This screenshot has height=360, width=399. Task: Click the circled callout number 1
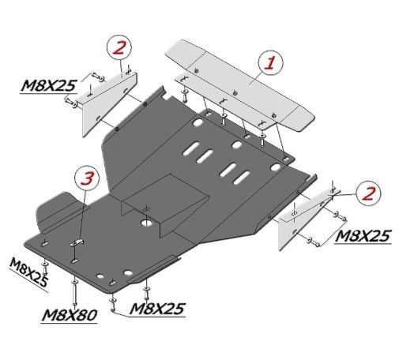[x=270, y=63]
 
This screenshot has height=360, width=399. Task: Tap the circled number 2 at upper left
[x=119, y=48]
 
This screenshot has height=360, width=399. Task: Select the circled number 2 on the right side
[x=368, y=193]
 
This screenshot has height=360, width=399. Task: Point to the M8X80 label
[x=70, y=315]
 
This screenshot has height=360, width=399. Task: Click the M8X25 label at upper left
[x=48, y=85]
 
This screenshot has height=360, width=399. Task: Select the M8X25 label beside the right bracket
[x=363, y=236]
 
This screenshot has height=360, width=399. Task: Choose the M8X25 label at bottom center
[x=157, y=309]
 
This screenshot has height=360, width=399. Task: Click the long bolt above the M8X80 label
[x=74, y=291]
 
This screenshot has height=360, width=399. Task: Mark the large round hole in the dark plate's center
[x=146, y=223]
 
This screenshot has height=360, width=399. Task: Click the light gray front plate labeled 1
[x=239, y=85]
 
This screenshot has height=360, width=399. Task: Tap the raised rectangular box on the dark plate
[x=164, y=203]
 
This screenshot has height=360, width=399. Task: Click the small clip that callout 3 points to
[x=77, y=242]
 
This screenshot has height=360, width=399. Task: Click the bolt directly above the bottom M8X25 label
[x=146, y=293]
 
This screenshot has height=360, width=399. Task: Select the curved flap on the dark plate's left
[x=58, y=212]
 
